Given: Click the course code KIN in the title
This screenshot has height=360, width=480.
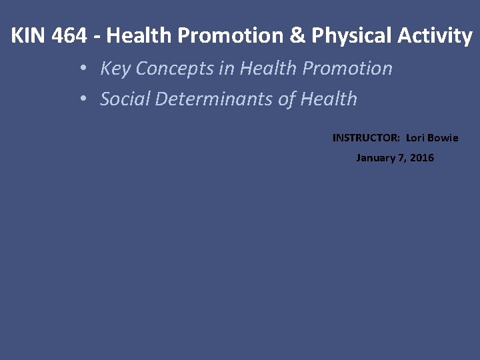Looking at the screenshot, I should pyautogui.click(x=28, y=36).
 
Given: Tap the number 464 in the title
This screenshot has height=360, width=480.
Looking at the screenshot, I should pyautogui.click(x=69, y=36).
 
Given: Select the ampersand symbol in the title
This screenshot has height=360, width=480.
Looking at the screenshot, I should pyautogui.click(x=296, y=36).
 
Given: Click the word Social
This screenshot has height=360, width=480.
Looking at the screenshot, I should pyautogui.click(x=125, y=99).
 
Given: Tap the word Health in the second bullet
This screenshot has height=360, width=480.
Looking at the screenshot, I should pyautogui.click(x=329, y=99).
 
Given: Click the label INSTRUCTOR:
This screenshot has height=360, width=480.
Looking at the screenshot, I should pyautogui.click(x=366, y=138).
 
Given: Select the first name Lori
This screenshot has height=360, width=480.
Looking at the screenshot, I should pyautogui.click(x=415, y=138).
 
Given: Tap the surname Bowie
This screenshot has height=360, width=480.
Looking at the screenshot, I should pyautogui.click(x=443, y=138).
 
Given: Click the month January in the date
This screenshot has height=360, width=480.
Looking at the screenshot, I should pyautogui.click(x=375, y=158).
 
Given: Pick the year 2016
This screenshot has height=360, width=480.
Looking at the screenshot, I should pyautogui.click(x=422, y=158).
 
